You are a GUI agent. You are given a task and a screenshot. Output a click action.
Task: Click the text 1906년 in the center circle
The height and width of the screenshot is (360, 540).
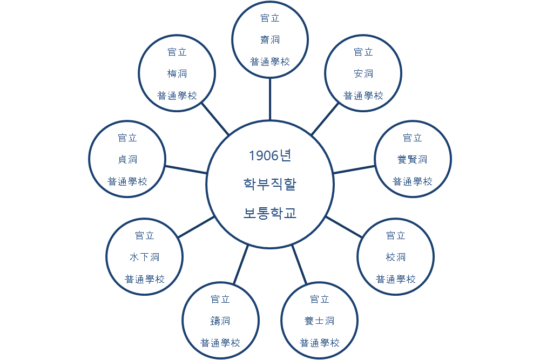269,156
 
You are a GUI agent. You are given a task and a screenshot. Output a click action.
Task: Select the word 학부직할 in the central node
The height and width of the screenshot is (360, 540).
269,184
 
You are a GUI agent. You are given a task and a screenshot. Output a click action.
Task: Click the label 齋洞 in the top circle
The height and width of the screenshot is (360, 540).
270,40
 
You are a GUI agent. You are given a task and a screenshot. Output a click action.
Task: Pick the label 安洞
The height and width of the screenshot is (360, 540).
363,74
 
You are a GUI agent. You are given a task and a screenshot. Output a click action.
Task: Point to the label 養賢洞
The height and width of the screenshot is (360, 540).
413,160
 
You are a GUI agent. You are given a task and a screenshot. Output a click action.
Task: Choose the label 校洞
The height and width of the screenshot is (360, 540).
396,257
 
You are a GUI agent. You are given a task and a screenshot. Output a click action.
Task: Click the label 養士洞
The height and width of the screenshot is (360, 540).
320,321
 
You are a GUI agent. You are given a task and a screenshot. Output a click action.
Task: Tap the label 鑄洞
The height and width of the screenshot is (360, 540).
220,321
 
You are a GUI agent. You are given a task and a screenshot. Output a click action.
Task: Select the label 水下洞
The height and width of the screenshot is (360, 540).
145,257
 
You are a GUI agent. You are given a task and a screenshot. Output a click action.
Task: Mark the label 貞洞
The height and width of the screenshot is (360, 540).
127,160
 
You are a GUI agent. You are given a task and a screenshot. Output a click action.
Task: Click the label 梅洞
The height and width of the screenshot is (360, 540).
177,74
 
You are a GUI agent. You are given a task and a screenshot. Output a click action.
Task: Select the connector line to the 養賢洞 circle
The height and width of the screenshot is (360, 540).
354,169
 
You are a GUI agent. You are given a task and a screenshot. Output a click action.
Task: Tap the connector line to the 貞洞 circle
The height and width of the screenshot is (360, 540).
186,169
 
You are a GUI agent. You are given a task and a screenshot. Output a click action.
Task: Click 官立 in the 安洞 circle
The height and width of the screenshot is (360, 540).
363,52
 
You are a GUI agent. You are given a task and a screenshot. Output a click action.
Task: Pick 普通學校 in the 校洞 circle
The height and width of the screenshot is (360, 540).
396,279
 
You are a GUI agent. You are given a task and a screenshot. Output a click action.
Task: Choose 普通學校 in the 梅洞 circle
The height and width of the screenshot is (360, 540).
177,96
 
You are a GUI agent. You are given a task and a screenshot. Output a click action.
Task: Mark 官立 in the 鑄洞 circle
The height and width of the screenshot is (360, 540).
220,300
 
